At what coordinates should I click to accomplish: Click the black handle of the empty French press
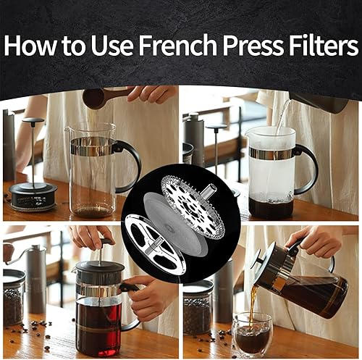click(x=130, y=163)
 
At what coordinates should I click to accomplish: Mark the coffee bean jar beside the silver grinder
click(x=14, y=297)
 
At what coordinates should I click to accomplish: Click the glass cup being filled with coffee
click(x=252, y=334)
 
